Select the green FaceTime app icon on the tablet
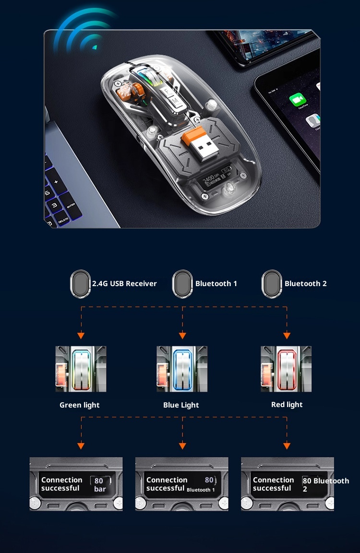click(298, 101)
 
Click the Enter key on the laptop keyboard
click(71, 205)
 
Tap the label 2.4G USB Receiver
click(124, 284)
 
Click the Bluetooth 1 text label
click(216, 284)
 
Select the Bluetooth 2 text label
click(305, 284)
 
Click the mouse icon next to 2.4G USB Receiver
click(81, 283)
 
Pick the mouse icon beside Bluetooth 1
click(182, 283)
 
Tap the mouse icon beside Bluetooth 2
click(272, 283)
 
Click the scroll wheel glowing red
click(287, 369)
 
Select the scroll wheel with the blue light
click(182, 369)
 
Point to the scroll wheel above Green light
click(81, 369)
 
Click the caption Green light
click(80, 405)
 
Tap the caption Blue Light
click(181, 405)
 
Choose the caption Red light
click(287, 405)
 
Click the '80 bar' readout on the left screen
click(100, 485)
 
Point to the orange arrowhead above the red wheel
click(287, 336)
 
